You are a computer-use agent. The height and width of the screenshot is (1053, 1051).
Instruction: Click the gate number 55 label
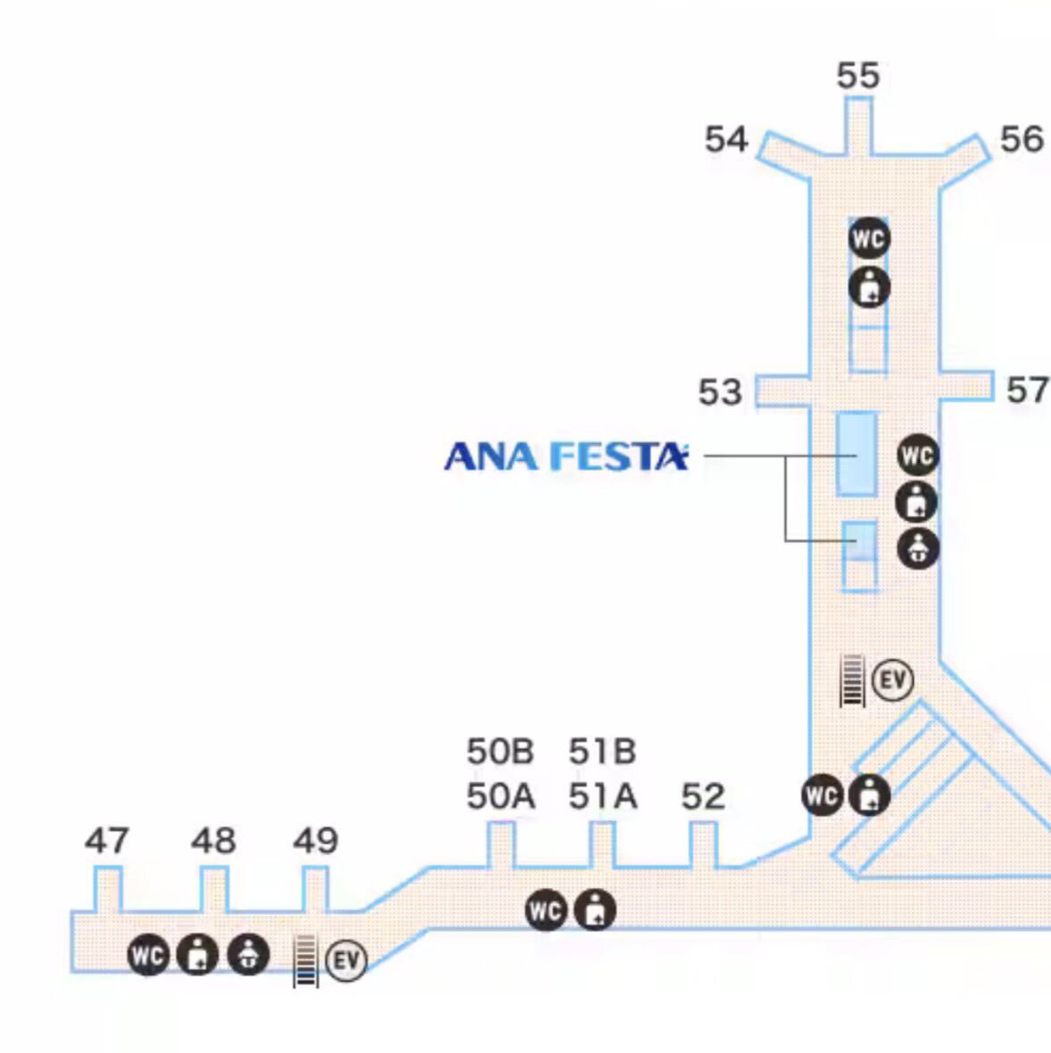(x=858, y=76)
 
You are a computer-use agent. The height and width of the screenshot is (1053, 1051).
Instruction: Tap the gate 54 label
(x=726, y=140)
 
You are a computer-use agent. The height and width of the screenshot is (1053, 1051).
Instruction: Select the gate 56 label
(x=1021, y=139)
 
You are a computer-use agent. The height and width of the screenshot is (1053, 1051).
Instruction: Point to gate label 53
(x=719, y=392)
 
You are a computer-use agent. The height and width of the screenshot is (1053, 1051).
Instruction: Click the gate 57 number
(x=1027, y=390)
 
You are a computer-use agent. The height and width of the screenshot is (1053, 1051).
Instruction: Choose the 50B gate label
(x=500, y=752)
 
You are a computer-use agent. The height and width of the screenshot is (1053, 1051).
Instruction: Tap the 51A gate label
(x=603, y=796)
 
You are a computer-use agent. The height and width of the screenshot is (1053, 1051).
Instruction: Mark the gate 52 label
(x=702, y=796)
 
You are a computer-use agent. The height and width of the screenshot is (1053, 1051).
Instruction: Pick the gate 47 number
(x=107, y=841)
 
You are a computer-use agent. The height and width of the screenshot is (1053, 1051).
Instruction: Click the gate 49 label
(x=316, y=841)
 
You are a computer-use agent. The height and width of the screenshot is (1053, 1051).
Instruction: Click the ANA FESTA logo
(x=566, y=457)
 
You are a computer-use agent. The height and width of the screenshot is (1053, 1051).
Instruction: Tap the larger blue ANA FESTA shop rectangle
(x=856, y=453)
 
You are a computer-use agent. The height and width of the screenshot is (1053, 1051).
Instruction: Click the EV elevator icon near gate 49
(x=346, y=961)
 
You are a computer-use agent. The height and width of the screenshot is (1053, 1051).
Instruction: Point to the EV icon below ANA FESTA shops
(x=892, y=681)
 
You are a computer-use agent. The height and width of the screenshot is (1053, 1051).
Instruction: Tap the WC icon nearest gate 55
(x=868, y=239)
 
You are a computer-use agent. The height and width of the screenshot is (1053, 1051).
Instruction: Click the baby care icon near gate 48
(x=248, y=955)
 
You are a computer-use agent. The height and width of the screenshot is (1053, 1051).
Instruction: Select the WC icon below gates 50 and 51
(x=546, y=911)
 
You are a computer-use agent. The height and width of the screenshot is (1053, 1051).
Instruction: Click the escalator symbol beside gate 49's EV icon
(x=306, y=961)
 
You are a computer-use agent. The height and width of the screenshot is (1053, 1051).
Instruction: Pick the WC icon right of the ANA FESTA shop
(x=917, y=456)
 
